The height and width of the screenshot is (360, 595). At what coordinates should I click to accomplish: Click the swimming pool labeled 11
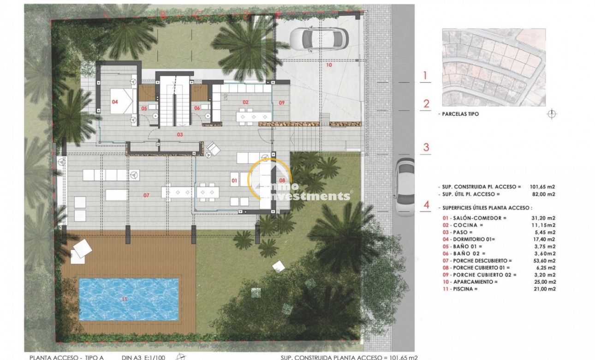pos(129,299)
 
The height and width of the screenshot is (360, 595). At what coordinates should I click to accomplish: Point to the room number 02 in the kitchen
pos(245,102)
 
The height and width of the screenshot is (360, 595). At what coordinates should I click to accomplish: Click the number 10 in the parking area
pos(329,65)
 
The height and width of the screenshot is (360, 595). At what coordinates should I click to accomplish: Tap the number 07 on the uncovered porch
pos(146,195)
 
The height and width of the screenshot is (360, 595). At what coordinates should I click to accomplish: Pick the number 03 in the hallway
pos(180,134)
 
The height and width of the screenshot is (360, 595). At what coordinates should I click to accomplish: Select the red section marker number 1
pos(426,75)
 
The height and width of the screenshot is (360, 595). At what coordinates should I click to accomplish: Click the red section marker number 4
pos(427,204)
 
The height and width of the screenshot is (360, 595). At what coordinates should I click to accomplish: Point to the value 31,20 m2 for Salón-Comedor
pos(544,217)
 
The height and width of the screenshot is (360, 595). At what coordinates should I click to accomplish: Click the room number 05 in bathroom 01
pos(144,108)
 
